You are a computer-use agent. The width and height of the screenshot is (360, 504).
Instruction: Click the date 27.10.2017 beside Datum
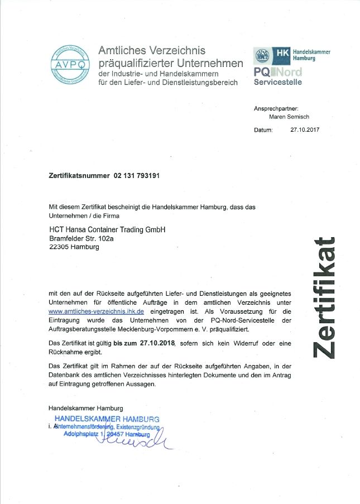305,130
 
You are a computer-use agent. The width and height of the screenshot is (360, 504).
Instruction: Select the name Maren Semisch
289,117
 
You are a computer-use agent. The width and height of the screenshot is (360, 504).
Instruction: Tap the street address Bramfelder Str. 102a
83,238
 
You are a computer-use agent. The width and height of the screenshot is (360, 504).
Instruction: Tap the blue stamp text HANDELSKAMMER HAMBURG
107,419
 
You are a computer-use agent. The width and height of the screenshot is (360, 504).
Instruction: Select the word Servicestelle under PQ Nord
278,82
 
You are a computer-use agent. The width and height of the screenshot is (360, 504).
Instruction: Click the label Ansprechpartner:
276,108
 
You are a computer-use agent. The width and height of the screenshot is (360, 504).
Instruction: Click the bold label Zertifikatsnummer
79,175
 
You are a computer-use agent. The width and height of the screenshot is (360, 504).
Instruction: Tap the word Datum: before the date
263,130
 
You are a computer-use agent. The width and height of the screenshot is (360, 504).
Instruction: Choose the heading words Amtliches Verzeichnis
152,51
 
